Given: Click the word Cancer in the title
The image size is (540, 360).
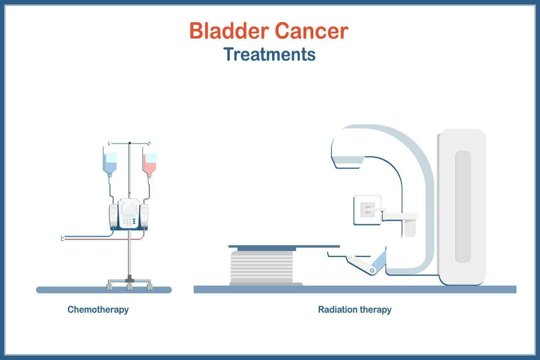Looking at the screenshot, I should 311,31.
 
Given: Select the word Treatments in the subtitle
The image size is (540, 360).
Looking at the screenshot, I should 269,54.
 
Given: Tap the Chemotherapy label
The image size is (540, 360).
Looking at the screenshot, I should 98,309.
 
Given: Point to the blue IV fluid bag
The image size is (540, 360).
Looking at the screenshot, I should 110,162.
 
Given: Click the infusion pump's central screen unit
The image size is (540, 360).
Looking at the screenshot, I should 129,213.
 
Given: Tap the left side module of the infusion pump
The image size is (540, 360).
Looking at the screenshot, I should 114,215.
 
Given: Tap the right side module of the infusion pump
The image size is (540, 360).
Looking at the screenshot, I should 144,215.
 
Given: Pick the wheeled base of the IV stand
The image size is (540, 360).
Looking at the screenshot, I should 129,284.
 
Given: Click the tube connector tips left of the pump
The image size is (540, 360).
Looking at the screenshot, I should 62,238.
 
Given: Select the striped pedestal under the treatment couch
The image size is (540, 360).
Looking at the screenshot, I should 262,266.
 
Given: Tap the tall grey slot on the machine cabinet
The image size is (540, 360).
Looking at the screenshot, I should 463,206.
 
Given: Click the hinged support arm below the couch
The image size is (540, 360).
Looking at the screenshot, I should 362,264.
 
